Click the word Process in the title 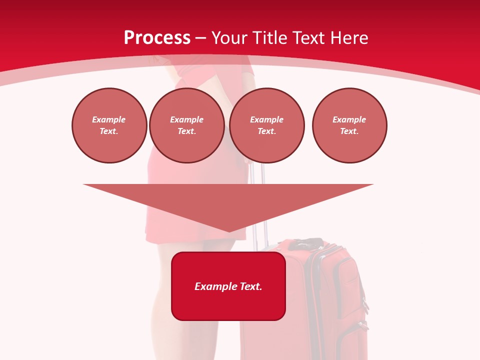(x=157, y=38)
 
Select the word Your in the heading (x=229, y=38)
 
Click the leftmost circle (x=109, y=125)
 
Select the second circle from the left (x=186, y=125)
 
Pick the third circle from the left (x=266, y=125)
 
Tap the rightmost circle (x=349, y=125)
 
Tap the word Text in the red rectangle (x=251, y=286)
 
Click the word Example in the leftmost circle (x=109, y=119)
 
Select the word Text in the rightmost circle (x=349, y=131)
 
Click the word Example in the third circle (x=266, y=119)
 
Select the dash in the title (x=201, y=38)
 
